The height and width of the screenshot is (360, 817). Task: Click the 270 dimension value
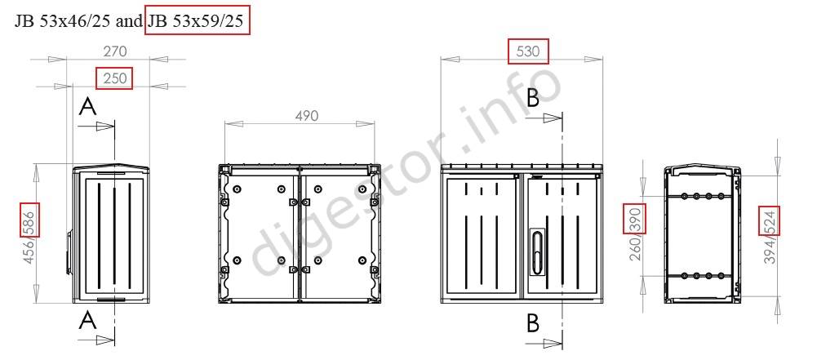pyautogui.click(x=115, y=51)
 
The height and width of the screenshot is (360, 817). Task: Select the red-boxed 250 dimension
pyautogui.click(x=114, y=78)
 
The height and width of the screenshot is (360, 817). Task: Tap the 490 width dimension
pyautogui.click(x=306, y=116)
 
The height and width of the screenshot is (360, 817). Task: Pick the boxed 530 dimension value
pyautogui.click(x=528, y=51)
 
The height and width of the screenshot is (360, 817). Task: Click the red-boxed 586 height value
pyautogui.click(x=29, y=222)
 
